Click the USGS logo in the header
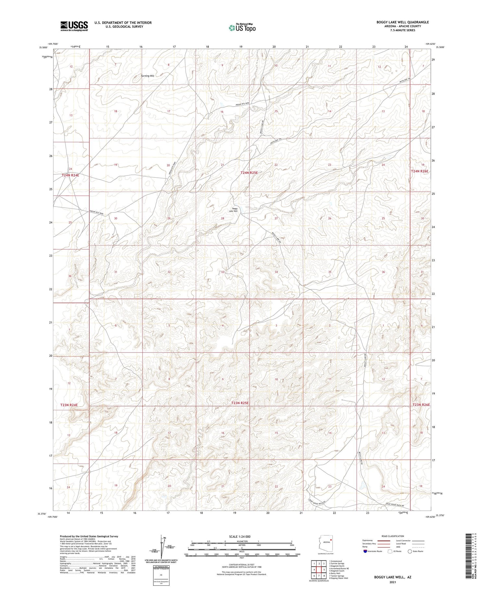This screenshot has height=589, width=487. tap(74, 26)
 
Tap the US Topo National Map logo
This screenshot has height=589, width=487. tap(242, 28)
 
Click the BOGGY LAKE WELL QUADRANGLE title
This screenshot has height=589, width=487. tap(403, 22)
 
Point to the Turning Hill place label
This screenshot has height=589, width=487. tap(147, 76)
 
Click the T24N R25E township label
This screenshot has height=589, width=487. tap(249, 173)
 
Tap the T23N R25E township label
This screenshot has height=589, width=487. tap(240, 403)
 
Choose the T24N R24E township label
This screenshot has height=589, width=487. tap(70, 175)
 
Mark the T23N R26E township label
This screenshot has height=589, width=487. tap(421, 405)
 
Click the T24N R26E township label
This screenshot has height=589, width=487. tap(420, 171)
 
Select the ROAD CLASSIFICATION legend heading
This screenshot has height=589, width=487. tap(393, 536)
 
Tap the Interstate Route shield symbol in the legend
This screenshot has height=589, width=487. tap(365, 551)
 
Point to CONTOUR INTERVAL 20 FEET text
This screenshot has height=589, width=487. tap(242, 565)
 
